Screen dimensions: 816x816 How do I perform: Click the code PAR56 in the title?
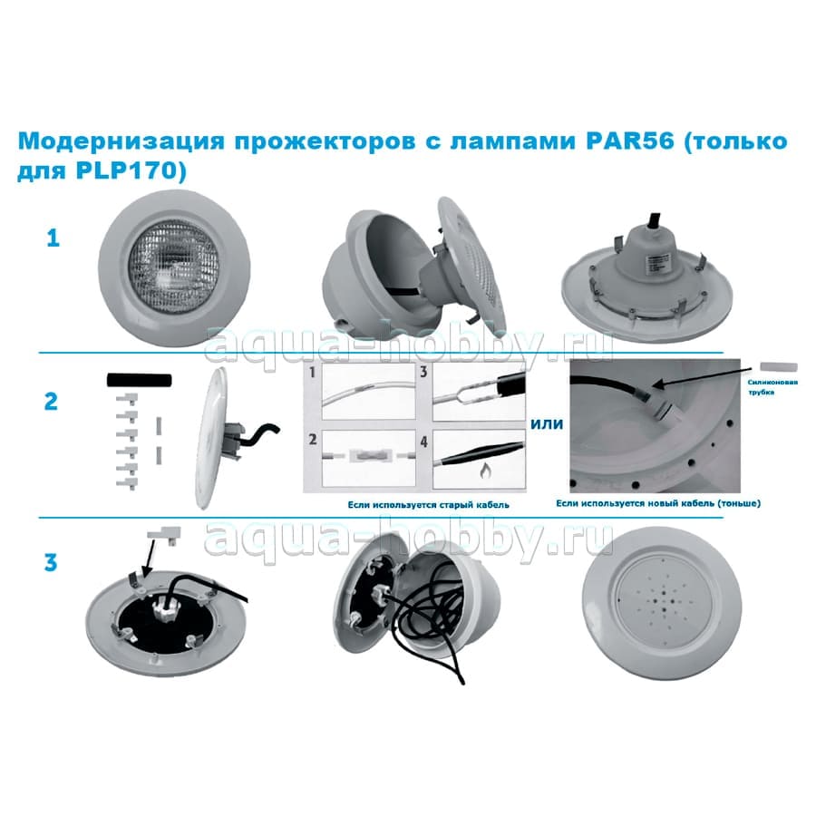(x=630, y=141)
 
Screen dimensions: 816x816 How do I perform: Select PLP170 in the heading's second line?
(x=126, y=171)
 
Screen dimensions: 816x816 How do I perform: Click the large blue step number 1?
(x=53, y=238)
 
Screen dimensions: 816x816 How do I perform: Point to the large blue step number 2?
(x=51, y=402)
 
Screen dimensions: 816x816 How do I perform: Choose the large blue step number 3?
(x=51, y=562)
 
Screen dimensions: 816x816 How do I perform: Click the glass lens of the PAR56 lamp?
(x=174, y=266)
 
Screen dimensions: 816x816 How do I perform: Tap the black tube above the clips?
(x=139, y=380)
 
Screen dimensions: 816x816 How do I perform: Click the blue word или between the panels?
(x=547, y=424)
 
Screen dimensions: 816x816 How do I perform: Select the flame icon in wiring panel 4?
(x=486, y=471)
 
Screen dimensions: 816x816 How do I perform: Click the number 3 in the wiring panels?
(x=423, y=372)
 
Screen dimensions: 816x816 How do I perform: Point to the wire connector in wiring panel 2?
(x=370, y=455)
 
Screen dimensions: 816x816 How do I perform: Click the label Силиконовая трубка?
(x=772, y=386)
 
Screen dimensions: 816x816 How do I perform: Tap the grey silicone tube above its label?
(x=779, y=367)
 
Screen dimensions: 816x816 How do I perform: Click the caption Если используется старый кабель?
(x=428, y=505)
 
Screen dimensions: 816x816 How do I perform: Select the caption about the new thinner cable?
(x=658, y=503)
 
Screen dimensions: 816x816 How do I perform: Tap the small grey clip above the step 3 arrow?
(x=165, y=533)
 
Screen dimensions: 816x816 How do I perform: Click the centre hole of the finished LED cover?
(x=663, y=606)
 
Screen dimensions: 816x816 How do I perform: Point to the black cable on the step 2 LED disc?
(x=258, y=436)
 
